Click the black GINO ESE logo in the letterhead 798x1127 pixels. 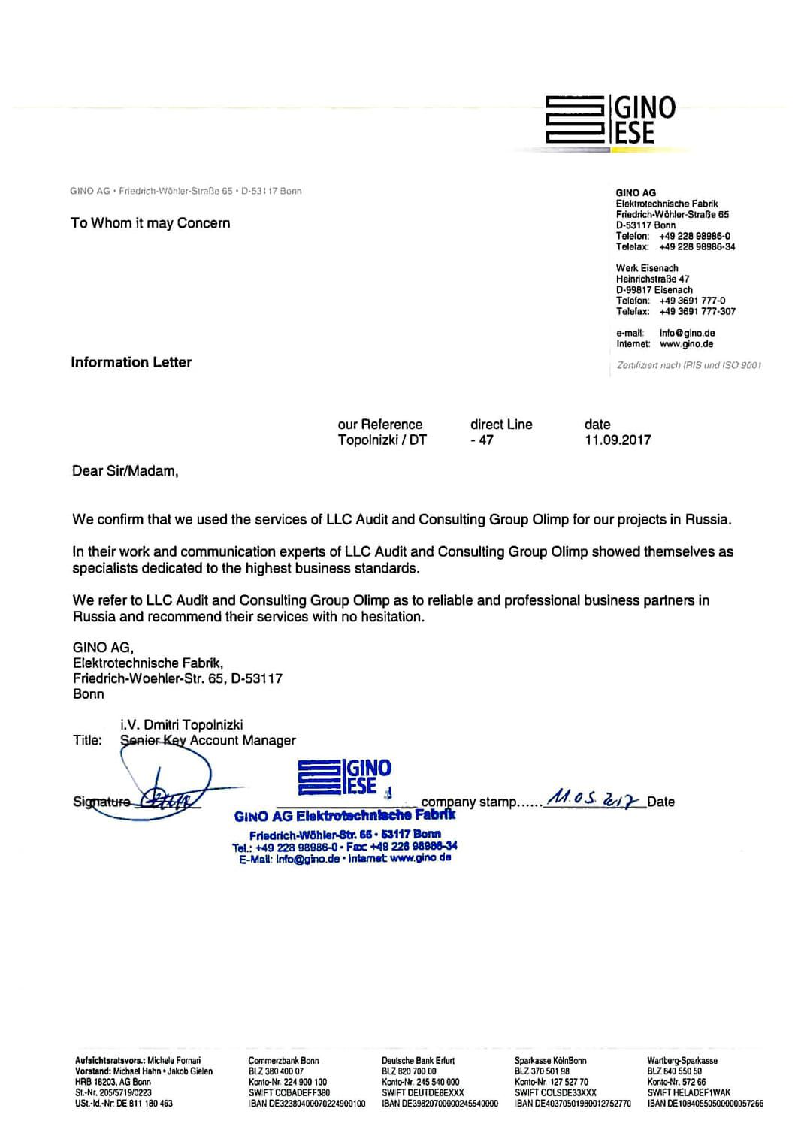[610, 119]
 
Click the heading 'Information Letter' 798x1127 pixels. [131, 362]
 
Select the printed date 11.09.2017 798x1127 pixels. [618, 440]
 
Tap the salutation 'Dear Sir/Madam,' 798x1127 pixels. [125, 471]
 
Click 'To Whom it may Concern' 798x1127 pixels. [150, 223]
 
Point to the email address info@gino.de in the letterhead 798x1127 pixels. [687, 333]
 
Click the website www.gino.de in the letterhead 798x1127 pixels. [686, 344]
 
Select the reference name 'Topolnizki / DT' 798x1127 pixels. [382, 440]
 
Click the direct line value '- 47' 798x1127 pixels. [482, 440]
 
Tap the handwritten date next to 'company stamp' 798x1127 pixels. [594, 798]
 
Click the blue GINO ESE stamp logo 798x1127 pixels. [345, 777]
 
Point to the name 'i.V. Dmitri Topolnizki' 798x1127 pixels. [181, 725]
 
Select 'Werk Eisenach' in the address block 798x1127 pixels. [647, 268]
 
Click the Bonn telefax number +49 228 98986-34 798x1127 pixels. [697, 247]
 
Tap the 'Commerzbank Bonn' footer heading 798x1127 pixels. [283, 1061]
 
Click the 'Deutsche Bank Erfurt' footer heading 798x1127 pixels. [418, 1061]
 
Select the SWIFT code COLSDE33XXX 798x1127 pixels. [555, 1093]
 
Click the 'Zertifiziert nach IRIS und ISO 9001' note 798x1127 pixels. [688, 365]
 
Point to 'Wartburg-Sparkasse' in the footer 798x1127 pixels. [682, 1061]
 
